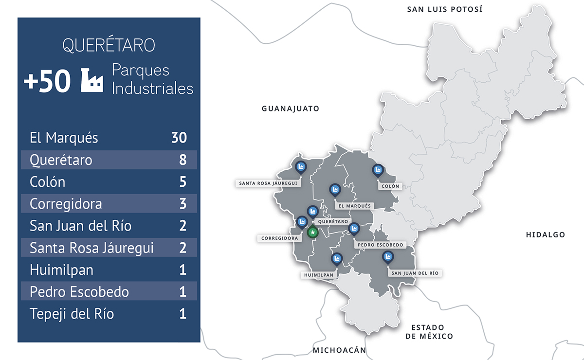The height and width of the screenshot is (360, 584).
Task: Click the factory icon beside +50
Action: (x=92, y=80)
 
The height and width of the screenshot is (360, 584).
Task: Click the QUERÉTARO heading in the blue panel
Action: (x=109, y=45)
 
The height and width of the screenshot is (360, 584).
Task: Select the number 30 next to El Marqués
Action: (x=179, y=138)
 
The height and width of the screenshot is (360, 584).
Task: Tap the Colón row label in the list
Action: (x=47, y=182)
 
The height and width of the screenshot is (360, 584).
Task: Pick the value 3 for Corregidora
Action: (x=183, y=203)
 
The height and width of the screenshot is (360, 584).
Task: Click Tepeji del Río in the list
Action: (x=72, y=314)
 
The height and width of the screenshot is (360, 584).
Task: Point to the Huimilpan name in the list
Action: (x=61, y=270)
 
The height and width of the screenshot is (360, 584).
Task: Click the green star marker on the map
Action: (x=313, y=233)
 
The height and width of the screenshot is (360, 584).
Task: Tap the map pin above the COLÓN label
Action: (x=377, y=171)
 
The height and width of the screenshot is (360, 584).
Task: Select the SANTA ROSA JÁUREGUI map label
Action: (x=268, y=183)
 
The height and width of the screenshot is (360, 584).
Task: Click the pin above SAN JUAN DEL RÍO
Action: (x=387, y=257)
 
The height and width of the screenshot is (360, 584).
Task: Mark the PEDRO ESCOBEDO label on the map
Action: (x=380, y=245)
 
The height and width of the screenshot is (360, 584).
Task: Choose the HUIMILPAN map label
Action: (x=319, y=275)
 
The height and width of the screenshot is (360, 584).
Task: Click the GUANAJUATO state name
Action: (x=291, y=108)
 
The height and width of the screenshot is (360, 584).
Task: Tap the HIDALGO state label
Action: (x=545, y=234)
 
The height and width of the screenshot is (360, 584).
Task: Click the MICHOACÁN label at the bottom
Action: (x=339, y=350)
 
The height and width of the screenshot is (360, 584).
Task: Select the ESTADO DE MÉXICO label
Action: (x=428, y=331)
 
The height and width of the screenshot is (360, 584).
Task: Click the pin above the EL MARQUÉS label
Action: (x=334, y=190)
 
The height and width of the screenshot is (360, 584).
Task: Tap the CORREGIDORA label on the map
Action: (x=279, y=238)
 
